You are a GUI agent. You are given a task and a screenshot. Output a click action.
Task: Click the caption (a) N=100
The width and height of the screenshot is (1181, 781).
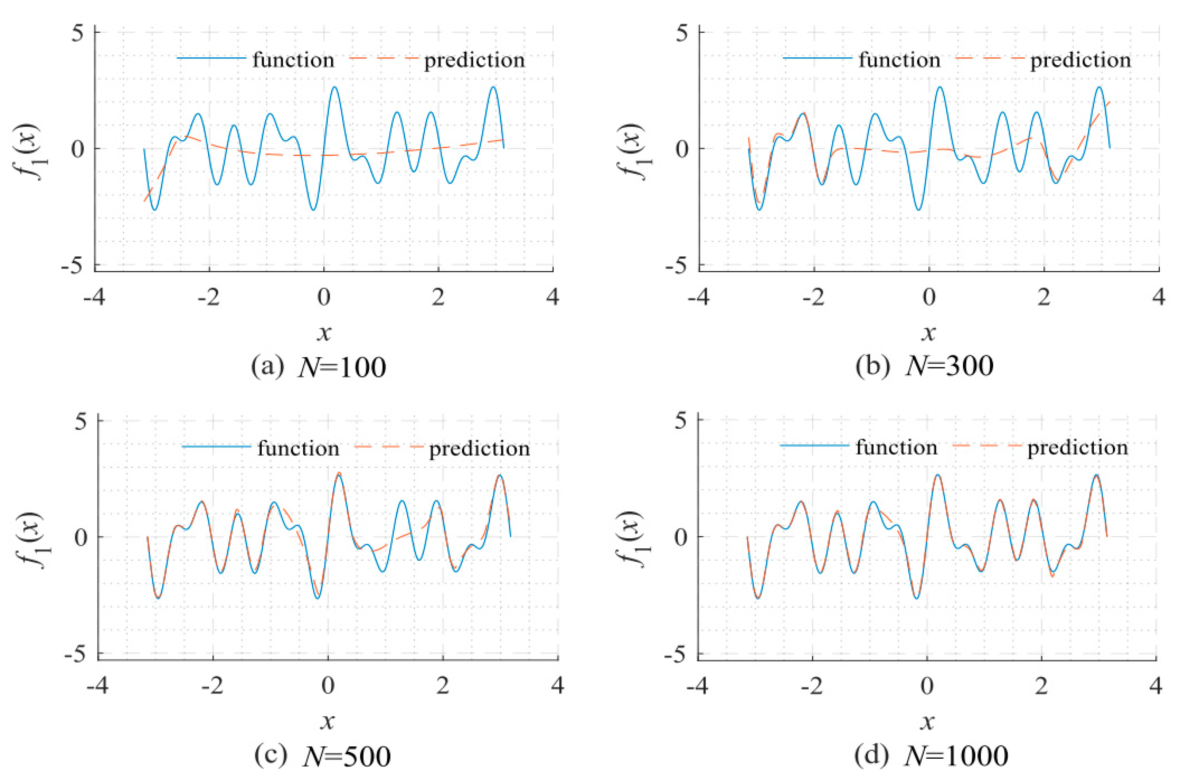319,368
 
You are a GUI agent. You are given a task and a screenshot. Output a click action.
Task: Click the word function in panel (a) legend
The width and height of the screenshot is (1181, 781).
293,60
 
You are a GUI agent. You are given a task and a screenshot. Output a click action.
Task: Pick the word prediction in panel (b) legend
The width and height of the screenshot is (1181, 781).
1080,60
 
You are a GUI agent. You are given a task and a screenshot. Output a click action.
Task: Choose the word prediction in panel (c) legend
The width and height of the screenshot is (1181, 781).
479,449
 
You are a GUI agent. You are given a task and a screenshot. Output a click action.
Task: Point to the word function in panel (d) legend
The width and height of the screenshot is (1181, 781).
897,448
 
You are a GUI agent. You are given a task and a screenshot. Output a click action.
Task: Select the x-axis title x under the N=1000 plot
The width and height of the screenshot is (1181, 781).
928,721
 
